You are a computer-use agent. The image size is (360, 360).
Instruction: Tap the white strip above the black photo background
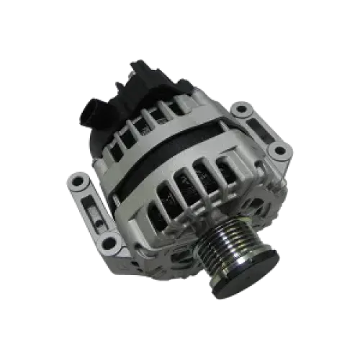click(x=180, y=22)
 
